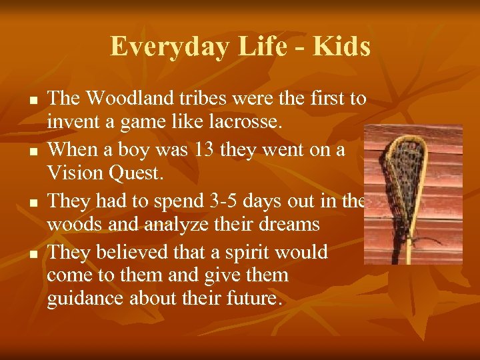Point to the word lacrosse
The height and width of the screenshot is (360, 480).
click(x=245, y=122)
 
